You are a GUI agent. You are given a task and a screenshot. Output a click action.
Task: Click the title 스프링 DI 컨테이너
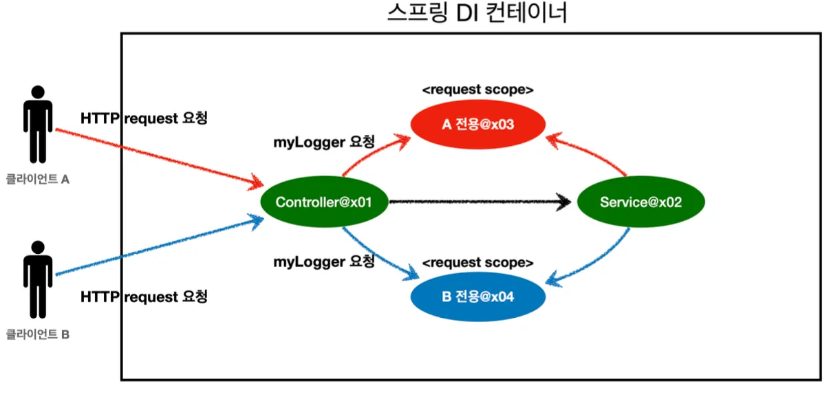pyautogui.click(x=477, y=12)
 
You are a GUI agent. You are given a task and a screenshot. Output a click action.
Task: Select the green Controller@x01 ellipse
pyautogui.click(x=324, y=202)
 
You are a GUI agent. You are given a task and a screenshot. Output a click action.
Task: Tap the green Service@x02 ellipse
pyautogui.click(x=641, y=202)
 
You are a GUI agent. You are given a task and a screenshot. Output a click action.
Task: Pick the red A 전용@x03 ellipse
pyautogui.click(x=477, y=124)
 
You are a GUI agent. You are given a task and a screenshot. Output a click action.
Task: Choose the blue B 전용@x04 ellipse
pyautogui.click(x=477, y=297)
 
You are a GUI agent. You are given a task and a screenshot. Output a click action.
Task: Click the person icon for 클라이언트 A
pyautogui.click(x=38, y=124)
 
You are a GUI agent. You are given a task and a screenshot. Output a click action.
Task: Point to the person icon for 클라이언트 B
pyautogui.click(x=38, y=279)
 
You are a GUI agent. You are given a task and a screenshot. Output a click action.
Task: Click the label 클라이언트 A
pyautogui.click(x=38, y=179)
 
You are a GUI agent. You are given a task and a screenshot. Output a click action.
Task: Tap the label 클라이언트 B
pyautogui.click(x=38, y=334)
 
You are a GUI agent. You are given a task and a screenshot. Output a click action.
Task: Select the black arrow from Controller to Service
pyautogui.click(x=480, y=202)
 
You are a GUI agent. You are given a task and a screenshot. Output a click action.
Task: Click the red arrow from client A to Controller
pyautogui.click(x=160, y=157)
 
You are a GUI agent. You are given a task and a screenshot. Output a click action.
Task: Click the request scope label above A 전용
pyautogui.click(x=477, y=89)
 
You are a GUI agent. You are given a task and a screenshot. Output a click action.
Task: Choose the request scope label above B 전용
pyautogui.click(x=477, y=263)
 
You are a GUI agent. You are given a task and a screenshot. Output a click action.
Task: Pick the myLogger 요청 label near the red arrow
pyautogui.click(x=324, y=142)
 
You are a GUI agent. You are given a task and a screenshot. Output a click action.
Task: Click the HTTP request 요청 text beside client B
pyautogui.click(x=144, y=297)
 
